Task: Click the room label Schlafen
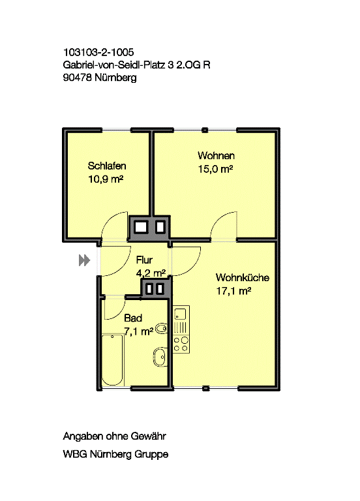tap(106, 166)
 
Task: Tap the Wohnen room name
tap(216, 156)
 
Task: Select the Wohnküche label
tap(242, 277)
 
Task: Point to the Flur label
tap(143, 260)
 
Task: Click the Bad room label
tap(132, 318)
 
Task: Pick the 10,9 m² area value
tap(106, 179)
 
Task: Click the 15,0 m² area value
tap(216, 169)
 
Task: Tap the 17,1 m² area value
tap(233, 291)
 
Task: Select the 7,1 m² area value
tap(138, 331)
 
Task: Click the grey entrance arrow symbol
tap(83, 260)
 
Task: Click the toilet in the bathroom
tap(160, 357)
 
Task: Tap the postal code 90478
tap(77, 78)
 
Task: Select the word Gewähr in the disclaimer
tap(155, 436)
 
